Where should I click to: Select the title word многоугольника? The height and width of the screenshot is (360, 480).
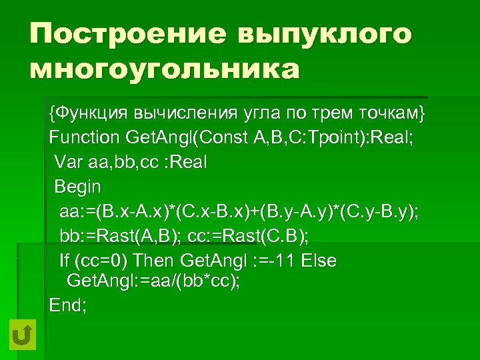coord(164,69)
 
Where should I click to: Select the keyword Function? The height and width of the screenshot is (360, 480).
coord(83,138)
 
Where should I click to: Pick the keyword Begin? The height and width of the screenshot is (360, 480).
coord(77,187)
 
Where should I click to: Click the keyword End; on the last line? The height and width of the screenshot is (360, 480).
coord(68,305)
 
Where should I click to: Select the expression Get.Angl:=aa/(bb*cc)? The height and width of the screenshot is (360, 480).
coord(154,281)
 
